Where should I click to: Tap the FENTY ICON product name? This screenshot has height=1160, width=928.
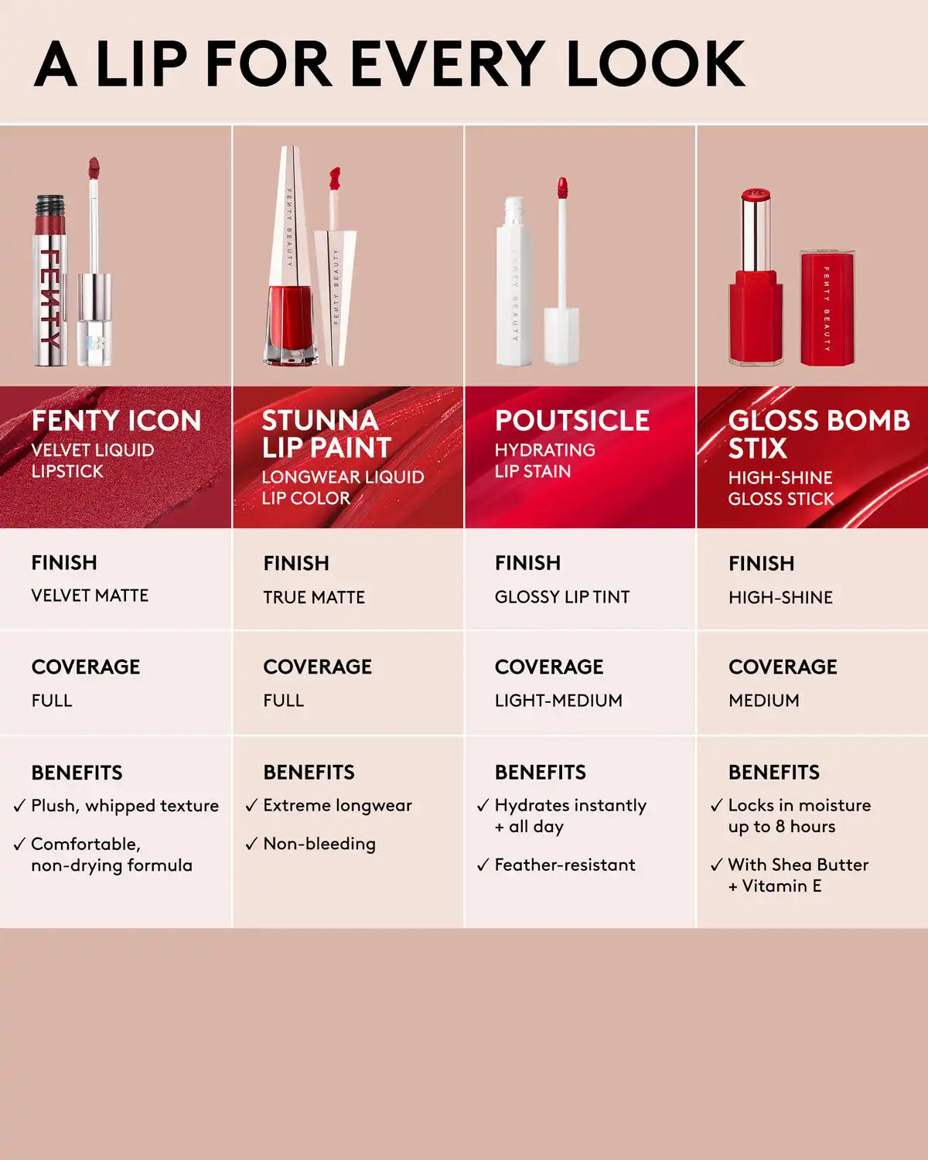click(117, 421)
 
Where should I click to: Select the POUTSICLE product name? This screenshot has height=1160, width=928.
click(572, 421)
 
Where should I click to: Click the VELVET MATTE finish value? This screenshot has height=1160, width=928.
click(90, 595)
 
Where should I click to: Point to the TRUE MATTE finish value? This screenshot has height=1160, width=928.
click(315, 597)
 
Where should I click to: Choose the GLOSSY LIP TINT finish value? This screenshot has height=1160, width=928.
click(562, 597)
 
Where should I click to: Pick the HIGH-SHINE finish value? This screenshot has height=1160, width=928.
click(781, 597)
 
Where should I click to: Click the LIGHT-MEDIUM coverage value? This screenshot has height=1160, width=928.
click(558, 700)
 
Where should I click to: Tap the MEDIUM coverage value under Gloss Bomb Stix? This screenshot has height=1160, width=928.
click(764, 700)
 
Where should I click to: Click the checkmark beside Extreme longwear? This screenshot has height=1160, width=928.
click(251, 805)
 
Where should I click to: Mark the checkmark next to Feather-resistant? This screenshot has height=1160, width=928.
click(483, 865)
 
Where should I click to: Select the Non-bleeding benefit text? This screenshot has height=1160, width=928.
click(319, 844)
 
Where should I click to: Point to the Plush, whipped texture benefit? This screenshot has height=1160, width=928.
click(125, 806)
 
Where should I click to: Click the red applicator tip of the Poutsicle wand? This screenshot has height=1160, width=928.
click(562, 187)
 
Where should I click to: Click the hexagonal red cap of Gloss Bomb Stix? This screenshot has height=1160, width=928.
click(827, 308)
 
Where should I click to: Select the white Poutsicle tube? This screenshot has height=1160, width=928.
click(513, 281)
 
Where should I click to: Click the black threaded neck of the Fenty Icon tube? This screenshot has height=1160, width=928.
click(50, 207)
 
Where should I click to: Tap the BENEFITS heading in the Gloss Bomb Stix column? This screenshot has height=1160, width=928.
click(774, 773)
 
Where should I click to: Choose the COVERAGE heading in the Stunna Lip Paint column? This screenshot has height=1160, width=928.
click(318, 667)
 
